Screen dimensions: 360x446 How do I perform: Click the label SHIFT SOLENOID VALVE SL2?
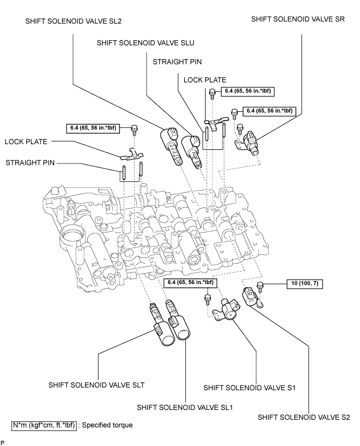[74, 21]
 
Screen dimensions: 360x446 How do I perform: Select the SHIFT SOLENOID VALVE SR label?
[298, 19]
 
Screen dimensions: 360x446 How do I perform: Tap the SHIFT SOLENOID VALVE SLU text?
[146, 43]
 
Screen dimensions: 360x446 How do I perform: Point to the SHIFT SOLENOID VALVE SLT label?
[97, 385]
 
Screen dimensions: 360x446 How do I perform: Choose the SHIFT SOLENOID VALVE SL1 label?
[185, 407]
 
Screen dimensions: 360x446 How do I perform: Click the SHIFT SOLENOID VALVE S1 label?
[249, 388]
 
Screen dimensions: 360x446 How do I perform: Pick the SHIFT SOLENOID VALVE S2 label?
[304, 417]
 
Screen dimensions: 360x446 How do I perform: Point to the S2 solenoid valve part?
[253, 298]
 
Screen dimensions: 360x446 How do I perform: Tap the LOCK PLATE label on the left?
[26, 142]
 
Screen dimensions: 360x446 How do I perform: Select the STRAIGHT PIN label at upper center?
[177, 62]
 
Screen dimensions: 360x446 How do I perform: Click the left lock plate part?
[131, 155]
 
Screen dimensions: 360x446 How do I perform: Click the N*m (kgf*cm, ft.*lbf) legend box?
[44, 425]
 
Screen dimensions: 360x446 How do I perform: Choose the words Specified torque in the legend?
[107, 425]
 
